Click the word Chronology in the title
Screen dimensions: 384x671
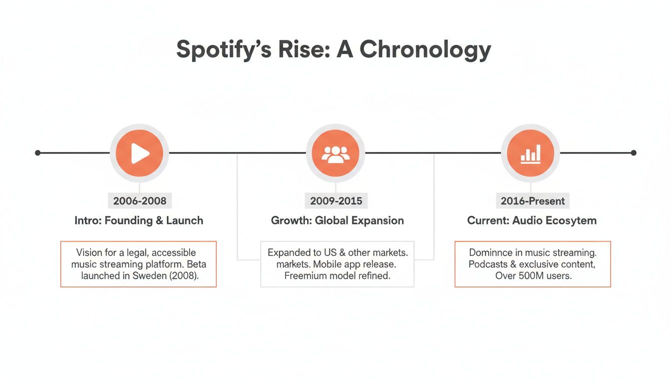425,50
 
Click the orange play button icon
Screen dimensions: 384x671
139,153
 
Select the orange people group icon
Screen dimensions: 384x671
335,153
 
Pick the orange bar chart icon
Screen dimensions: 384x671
530,153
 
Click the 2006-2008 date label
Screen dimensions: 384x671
139,201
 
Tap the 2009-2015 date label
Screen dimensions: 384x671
335,201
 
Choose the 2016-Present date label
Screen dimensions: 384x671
533,201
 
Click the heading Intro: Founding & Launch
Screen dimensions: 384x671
139,220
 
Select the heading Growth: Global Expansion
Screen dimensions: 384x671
337,220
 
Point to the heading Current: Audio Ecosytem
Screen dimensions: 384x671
532,220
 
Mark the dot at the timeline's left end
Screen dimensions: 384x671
37,153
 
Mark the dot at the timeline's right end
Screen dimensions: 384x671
634,153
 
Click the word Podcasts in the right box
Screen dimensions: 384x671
488,264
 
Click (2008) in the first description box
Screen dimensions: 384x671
184,275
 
